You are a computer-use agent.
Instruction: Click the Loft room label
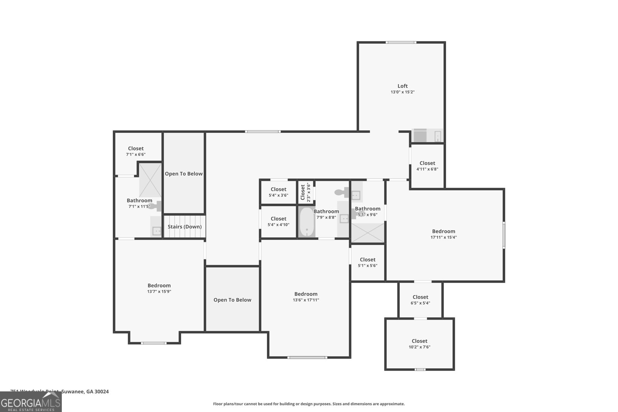coord(402,86)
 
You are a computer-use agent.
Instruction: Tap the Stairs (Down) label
coord(185,227)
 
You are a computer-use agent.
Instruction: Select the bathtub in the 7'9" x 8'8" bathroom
coord(307,222)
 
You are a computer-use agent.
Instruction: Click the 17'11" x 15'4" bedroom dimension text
coord(443,237)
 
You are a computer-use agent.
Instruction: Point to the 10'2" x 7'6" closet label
coord(419,341)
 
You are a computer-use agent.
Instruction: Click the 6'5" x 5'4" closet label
coord(420,297)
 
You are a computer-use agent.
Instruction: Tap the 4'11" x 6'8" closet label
coord(427,163)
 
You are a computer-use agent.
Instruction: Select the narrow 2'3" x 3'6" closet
coord(305,192)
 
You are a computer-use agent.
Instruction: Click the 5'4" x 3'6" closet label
coord(278,190)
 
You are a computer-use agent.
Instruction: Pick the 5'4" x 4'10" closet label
coord(278,219)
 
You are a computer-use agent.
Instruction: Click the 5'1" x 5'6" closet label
coord(367,260)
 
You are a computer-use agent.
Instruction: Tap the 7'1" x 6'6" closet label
coord(136,149)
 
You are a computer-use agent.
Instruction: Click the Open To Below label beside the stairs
coord(184,174)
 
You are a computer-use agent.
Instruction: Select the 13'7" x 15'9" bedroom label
coord(159,286)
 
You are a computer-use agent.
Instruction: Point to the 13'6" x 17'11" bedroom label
coord(306,294)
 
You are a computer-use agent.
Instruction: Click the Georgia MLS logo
coord(31,402)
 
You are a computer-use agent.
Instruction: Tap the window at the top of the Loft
coord(401,42)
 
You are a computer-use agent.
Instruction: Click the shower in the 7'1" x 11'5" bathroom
coord(150,180)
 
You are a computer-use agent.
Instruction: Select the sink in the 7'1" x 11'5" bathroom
coord(156,231)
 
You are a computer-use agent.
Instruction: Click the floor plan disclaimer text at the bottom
coord(309,404)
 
